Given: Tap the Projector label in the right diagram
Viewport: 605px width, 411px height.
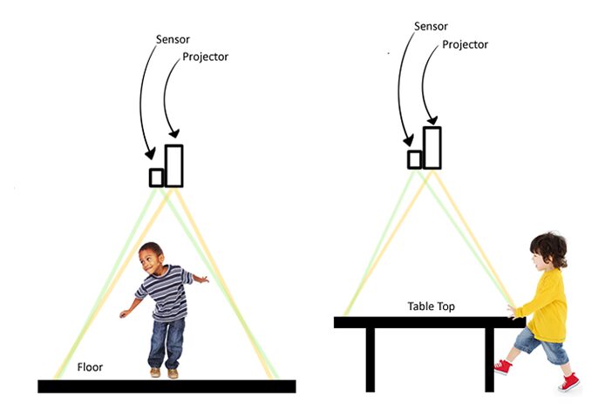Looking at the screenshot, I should point(467,44).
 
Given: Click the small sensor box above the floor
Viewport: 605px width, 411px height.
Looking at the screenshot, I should point(157,177).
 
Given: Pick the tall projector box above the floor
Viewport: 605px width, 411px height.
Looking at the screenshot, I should point(174,165).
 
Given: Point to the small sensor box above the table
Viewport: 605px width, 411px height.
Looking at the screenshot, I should point(415,158).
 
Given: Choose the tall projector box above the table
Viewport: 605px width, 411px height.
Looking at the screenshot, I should point(432,147).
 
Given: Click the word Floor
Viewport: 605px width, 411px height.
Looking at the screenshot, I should point(90,367).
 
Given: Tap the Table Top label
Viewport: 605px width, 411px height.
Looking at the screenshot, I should point(431,307).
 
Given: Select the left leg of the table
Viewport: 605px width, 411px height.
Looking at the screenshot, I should point(370,357).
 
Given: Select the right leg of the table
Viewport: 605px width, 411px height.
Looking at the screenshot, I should point(489,357).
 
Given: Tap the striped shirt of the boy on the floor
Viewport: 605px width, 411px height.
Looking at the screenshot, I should point(167,293).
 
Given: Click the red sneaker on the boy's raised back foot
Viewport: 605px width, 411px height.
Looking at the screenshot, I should point(569,381).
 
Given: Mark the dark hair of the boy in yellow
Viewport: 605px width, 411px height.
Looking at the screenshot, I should point(549,247).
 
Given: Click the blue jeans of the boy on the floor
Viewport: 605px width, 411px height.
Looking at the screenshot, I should point(165,340).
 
